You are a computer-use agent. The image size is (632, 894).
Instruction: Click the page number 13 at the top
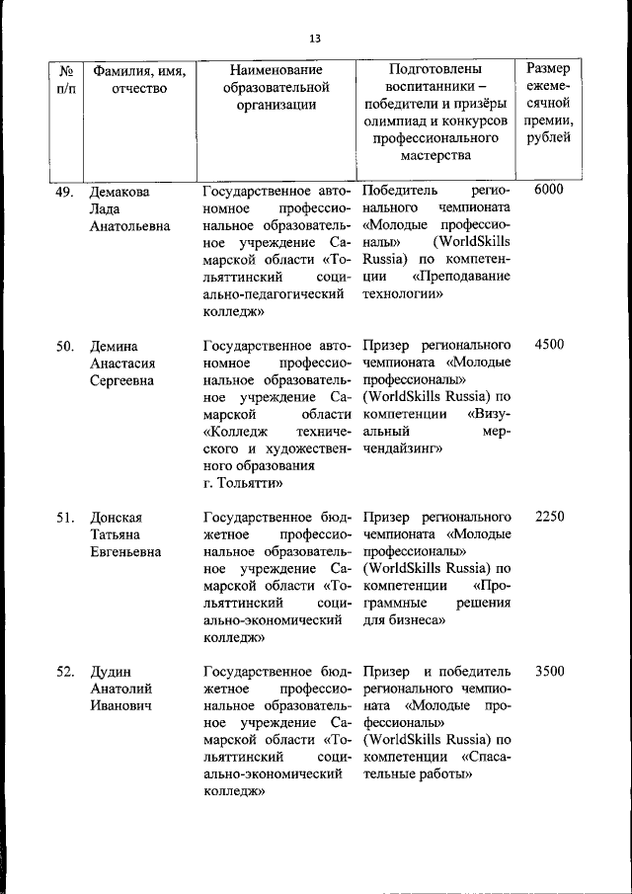[315, 39]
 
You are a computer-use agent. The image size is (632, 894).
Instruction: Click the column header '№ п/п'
[66, 80]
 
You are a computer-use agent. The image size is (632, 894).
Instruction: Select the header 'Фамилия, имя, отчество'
[139, 80]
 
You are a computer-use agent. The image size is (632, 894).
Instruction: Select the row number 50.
[65, 346]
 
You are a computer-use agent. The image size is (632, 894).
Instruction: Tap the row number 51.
[65, 517]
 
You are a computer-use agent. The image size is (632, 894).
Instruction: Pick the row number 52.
[65, 672]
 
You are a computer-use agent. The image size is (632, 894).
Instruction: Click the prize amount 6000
[548, 190]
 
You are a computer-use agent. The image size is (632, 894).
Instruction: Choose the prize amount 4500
[548, 346]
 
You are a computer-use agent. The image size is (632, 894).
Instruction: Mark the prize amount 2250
[548, 517]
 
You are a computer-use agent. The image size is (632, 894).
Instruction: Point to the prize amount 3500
[548, 672]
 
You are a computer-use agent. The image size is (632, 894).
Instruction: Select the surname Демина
[115, 346]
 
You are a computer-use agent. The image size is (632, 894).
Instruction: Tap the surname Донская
[118, 517]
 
